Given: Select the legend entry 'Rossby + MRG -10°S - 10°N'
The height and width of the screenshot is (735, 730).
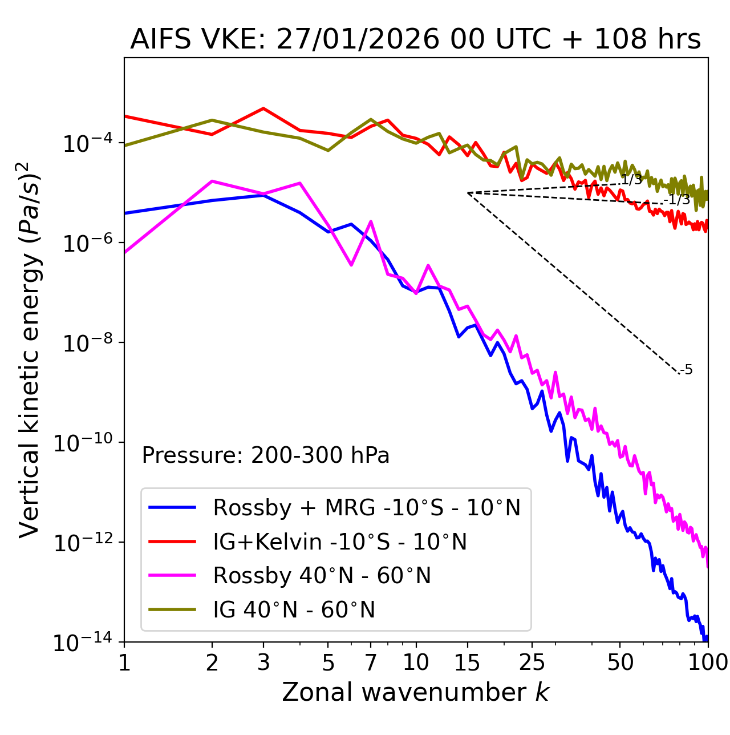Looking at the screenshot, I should point(366,507).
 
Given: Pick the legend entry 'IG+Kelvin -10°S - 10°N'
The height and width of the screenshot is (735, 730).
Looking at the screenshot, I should point(340,542).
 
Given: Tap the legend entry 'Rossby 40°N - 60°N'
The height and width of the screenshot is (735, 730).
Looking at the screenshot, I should point(322,576).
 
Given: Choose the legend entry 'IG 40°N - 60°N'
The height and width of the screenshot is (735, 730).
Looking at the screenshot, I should point(294,610).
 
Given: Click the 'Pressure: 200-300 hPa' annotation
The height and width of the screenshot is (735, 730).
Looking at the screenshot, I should point(265,455).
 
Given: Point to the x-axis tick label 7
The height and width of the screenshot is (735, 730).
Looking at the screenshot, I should point(371,663).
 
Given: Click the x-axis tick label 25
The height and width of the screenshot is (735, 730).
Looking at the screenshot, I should point(532,663).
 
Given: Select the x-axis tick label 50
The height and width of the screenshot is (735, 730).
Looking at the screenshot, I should point(620,663).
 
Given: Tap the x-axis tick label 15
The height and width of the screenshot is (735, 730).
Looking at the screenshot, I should point(467,663).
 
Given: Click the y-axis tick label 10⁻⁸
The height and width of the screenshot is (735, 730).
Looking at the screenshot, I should point(86,344).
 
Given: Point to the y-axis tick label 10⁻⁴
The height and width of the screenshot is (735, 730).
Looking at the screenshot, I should point(86,143).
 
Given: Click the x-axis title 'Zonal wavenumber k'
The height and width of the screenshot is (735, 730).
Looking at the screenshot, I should point(415,692).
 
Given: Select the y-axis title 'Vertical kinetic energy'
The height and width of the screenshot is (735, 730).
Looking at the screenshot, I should point(30,349).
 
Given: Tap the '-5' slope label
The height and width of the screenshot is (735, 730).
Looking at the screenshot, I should point(687,370).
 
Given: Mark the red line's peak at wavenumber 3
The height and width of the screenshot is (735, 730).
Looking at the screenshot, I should point(263,108).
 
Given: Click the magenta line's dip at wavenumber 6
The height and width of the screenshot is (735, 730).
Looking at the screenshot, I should point(351,265).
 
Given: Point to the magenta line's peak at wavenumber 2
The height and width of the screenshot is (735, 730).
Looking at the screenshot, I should point(212,181).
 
